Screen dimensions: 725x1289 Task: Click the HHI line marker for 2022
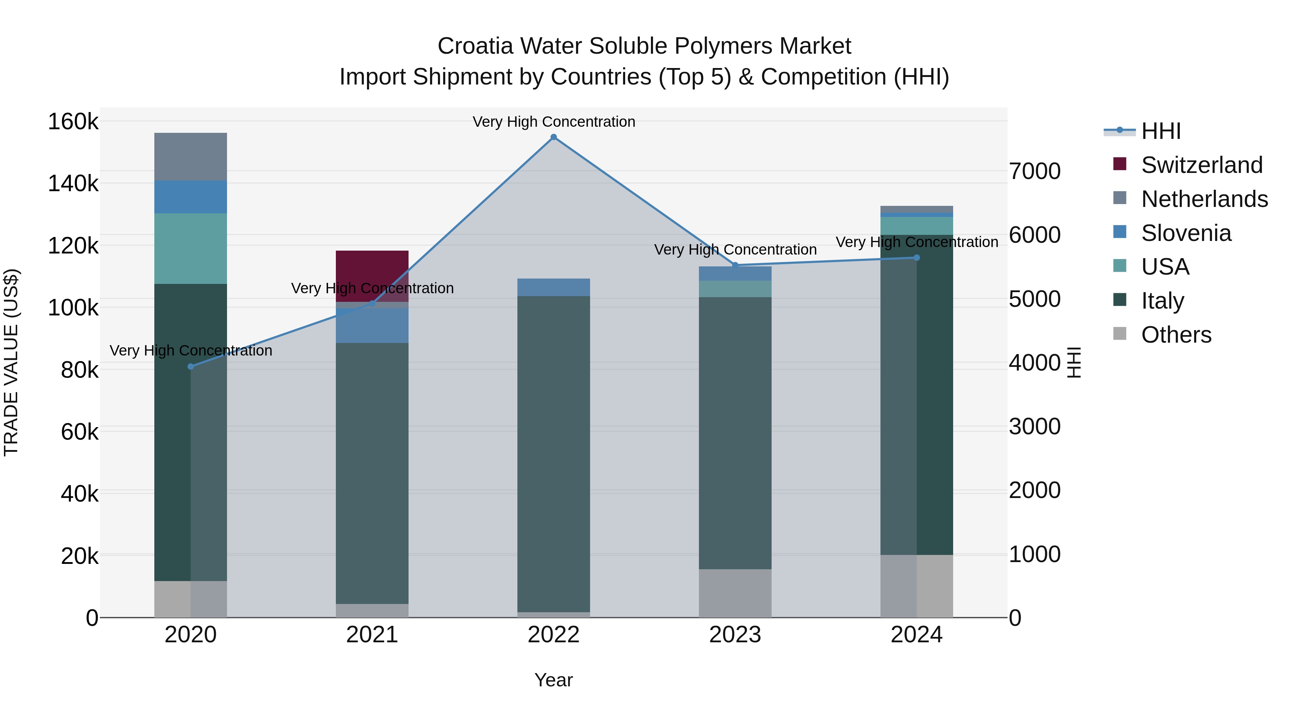[x=554, y=137]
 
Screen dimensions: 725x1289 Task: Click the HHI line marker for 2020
[x=190, y=367]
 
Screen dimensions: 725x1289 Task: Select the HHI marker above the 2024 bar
[x=917, y=258]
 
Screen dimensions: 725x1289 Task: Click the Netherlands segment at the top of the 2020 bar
[x=190, y=156]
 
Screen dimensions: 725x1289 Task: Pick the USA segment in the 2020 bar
[x=190, y=249]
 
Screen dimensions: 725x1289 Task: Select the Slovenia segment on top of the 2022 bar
[x=554, y=287]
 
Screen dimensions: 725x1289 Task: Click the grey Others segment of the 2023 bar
[x=735, y=593]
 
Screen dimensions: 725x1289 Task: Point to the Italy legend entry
[x=1162, y=301]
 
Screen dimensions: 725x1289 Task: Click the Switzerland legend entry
[x=1201, y=165]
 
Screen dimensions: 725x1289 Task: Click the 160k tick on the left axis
[x=73, y=122]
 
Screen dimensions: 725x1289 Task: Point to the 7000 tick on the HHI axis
[x=1034, y=171]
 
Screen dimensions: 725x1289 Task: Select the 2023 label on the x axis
[x=735, y=635]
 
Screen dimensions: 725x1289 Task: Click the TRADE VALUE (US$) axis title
[x=11, y=362]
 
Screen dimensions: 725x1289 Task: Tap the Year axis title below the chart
[x=554, y=680]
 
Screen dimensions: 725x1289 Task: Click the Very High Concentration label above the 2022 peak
[x=554, y=122]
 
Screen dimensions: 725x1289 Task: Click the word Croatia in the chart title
[x=475, y=46]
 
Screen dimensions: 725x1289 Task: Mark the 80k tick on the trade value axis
[x=79, y=370]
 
